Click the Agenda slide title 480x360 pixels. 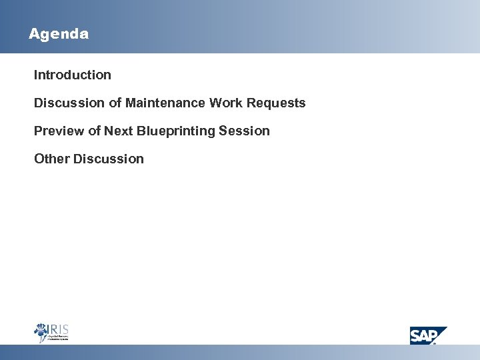(59, 34)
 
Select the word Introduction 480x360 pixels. (73, 75)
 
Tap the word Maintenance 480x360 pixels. (165, 103)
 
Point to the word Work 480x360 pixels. (225, 103)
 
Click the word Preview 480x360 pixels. (59, 131)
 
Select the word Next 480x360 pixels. (119, 131)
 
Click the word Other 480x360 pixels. (52, 159)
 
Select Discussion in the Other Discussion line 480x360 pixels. (109, 159)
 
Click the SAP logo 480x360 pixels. (427, 335)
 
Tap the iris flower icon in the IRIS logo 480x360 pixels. (41, 332)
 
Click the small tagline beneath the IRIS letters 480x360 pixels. (58, 339)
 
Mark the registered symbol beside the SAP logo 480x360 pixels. (435, 343)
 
